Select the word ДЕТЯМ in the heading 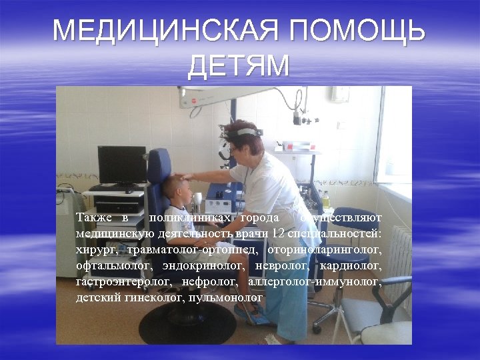coord(239,66)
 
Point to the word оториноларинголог coord(324,250)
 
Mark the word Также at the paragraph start coord(94,218)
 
